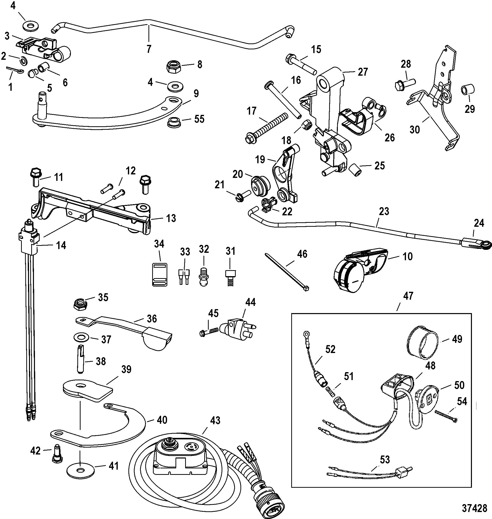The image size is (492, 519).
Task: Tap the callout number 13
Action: pyautogui.click(x=171, y=218)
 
